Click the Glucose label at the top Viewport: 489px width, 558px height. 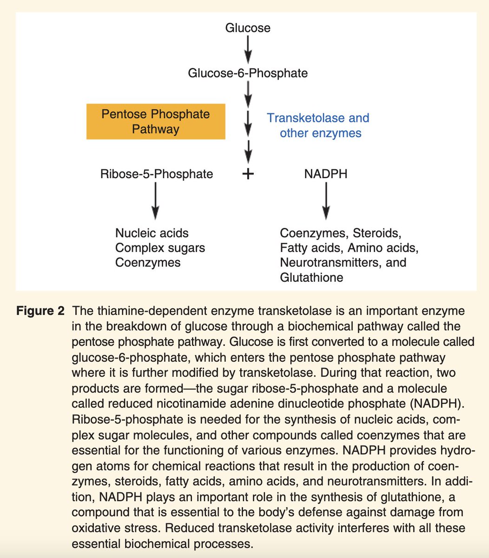coord(248,28)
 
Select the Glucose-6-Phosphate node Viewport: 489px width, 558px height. coord(248,73)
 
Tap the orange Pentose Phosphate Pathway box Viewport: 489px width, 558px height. coord(156,121)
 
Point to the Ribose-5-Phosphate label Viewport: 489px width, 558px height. coord(157,174)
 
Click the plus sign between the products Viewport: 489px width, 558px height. coord(249,174)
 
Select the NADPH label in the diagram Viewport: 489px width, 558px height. coord(326,174)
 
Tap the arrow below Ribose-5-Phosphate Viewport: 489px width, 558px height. coord(155,200)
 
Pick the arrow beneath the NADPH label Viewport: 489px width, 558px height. coord(326,200)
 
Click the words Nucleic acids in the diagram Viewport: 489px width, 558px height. coord(152,232)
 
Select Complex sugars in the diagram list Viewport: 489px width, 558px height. coord(160,247)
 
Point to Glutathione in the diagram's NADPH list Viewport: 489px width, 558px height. coord(311,278)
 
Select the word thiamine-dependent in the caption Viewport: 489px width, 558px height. coord(136,311)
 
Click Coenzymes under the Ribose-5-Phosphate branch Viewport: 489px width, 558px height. coord(148,263)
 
